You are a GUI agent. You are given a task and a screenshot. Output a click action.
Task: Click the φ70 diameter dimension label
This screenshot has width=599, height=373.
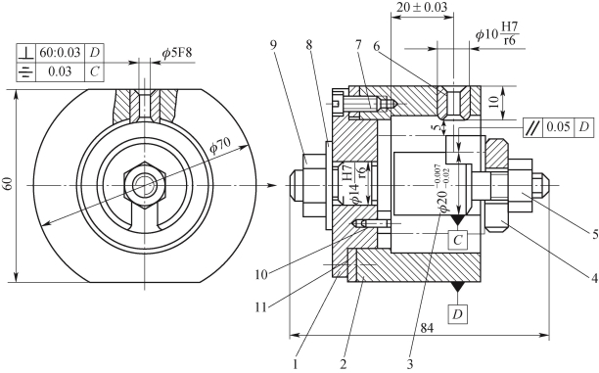[220, 146]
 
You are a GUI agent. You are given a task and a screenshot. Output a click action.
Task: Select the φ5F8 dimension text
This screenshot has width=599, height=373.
[176, 53]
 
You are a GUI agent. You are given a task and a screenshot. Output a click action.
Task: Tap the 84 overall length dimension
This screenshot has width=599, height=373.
[427, 328]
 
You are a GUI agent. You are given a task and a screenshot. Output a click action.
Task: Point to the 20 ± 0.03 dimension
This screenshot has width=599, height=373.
[421, 7]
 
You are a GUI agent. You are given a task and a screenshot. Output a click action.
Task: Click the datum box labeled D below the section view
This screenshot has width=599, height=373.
[457, 314]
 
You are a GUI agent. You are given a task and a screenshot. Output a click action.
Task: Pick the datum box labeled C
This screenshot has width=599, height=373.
[457, 240]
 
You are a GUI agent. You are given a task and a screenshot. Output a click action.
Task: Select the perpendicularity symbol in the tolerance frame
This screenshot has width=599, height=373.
[26, 53]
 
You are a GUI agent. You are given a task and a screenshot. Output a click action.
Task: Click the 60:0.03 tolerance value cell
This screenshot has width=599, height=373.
[60, 53]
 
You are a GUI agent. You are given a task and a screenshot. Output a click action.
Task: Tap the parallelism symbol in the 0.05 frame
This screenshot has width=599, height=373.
[532, 127]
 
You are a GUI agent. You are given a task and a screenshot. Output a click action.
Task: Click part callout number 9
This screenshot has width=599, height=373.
[273, 45]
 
